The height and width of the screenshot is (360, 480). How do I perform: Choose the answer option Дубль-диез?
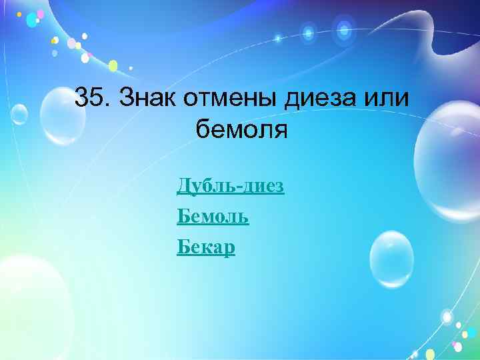point(231,186)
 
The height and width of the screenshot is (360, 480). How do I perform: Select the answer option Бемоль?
point(213,216)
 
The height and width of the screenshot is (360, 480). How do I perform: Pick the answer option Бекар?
point(206,247)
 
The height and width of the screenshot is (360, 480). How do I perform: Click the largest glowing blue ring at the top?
point(344,29)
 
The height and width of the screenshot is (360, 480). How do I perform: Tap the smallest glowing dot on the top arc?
point(279,39)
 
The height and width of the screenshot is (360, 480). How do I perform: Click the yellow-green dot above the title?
point(113,65)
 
